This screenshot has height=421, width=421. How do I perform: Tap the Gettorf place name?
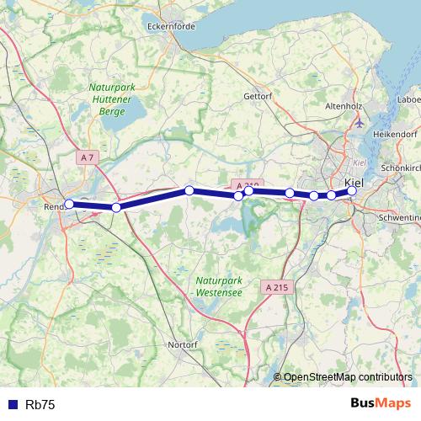coord(258,96)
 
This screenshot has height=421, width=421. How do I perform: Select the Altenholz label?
coord(344,106)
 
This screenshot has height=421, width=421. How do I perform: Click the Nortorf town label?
coord(184,344)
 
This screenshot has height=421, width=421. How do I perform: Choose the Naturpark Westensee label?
coord(218,286)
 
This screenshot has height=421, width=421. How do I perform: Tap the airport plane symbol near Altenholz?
coord(360,123)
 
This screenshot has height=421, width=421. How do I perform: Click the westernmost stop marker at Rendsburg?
coord(69,204)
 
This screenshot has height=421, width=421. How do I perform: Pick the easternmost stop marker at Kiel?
coord(352,191)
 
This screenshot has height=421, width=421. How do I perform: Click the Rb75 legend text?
coord(40,405)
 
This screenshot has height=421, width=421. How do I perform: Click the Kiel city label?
coord(355,180)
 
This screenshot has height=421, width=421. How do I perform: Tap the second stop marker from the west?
coord(116,207)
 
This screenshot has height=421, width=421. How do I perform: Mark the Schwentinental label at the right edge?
coord(402,216)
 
